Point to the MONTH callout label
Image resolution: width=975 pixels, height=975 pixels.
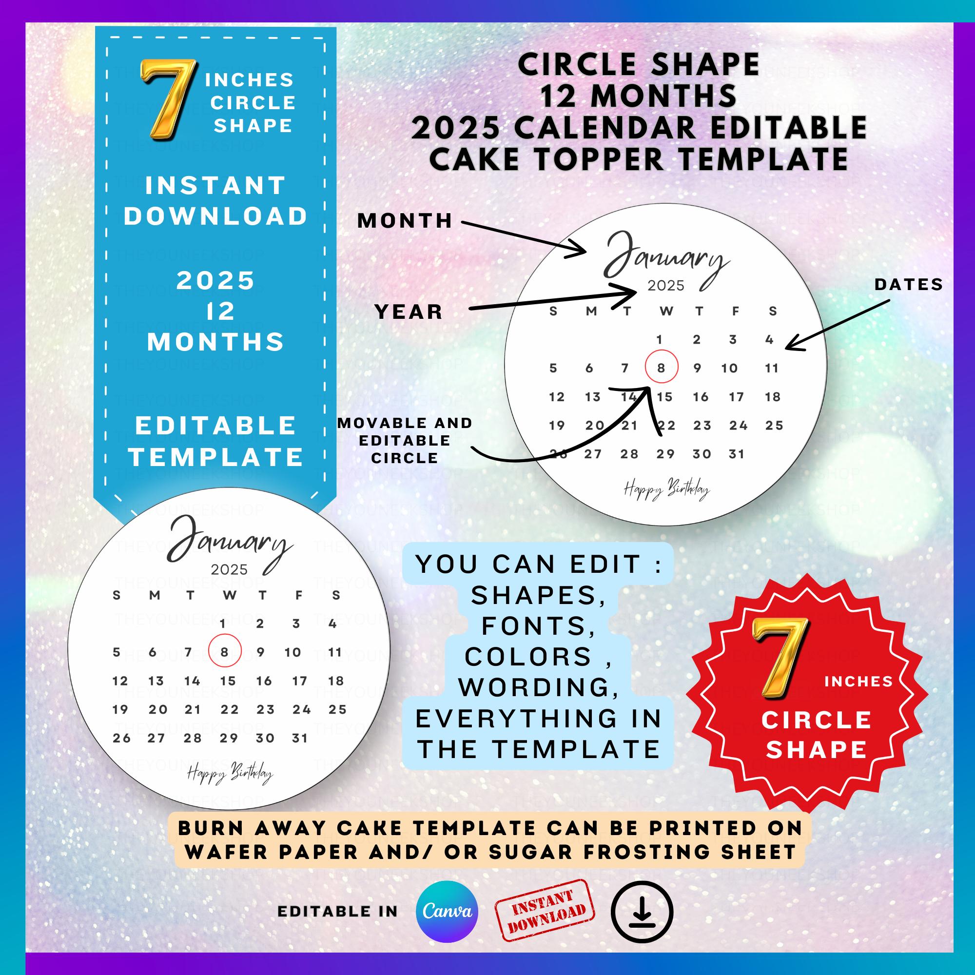click(405, 221)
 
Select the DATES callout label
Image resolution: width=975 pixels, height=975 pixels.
click(908, 285)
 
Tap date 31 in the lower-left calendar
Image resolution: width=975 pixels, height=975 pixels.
click(300, 738)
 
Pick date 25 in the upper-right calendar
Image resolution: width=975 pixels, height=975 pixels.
click(774, 426)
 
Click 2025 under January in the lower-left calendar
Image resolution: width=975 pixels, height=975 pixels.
click(229, 570)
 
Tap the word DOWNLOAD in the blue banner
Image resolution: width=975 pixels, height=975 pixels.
click(216, 216)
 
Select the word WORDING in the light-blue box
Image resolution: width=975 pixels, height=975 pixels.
click(539, 687)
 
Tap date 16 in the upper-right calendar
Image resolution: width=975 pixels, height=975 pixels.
click(701, 397)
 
